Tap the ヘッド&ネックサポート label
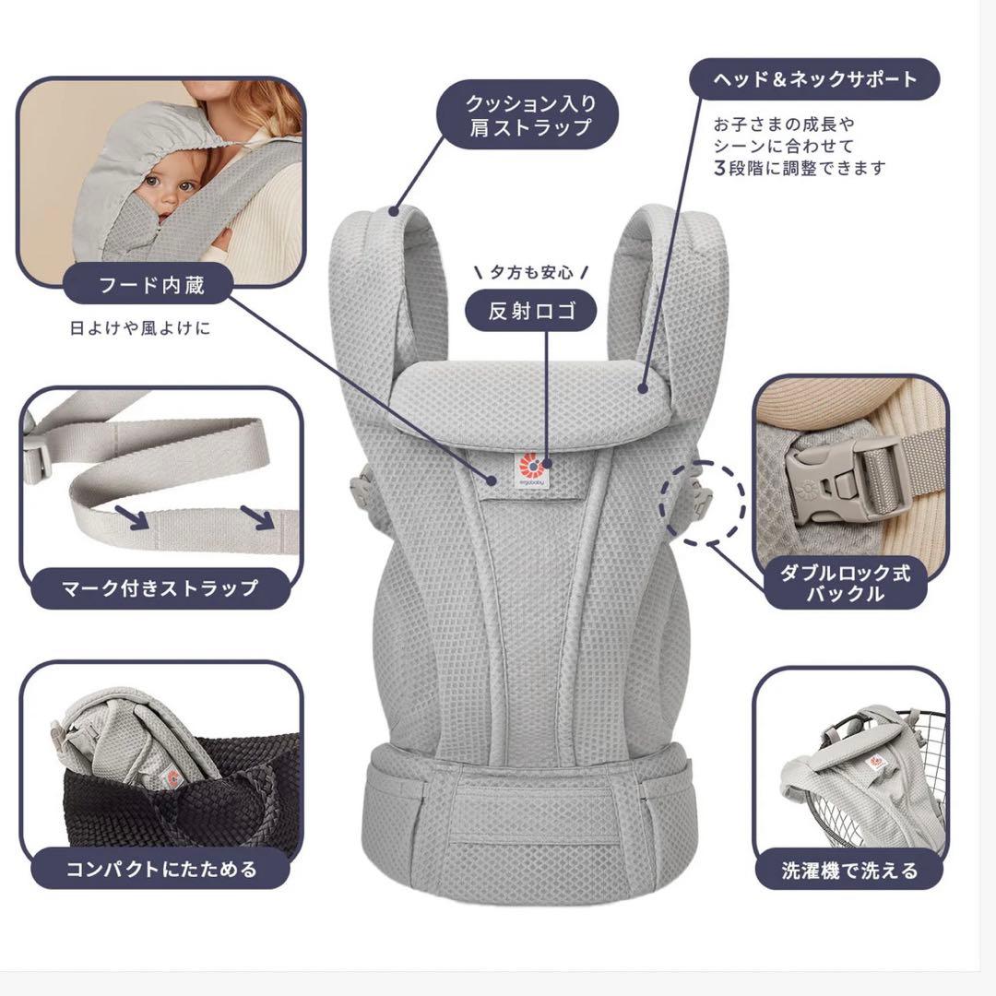coord(814,79)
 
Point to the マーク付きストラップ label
coord(159,587)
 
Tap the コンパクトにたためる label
coord(160,868)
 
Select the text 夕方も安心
coord(530,272)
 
